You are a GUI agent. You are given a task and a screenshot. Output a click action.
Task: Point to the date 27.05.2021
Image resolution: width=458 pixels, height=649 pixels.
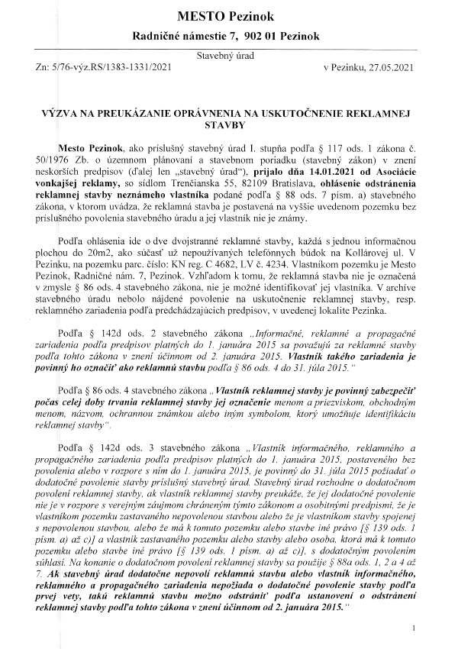click(389, 67)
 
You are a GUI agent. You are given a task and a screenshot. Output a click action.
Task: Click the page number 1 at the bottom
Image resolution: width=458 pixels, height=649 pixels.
click(413, 628)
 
